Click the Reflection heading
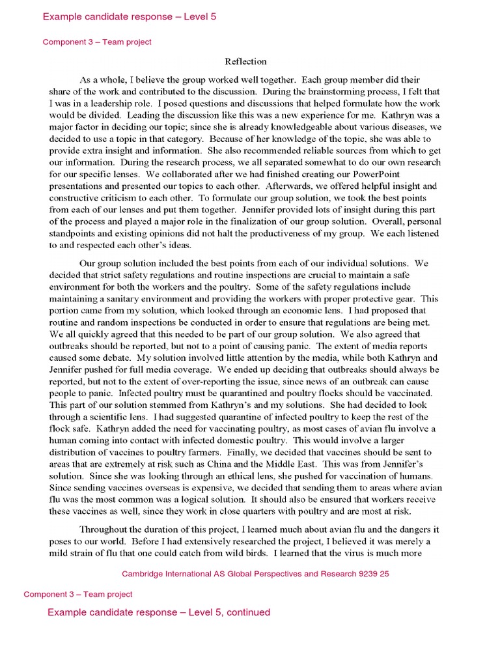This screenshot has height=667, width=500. pos(245,62)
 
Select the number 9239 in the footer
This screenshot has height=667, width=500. pos(365,574)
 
